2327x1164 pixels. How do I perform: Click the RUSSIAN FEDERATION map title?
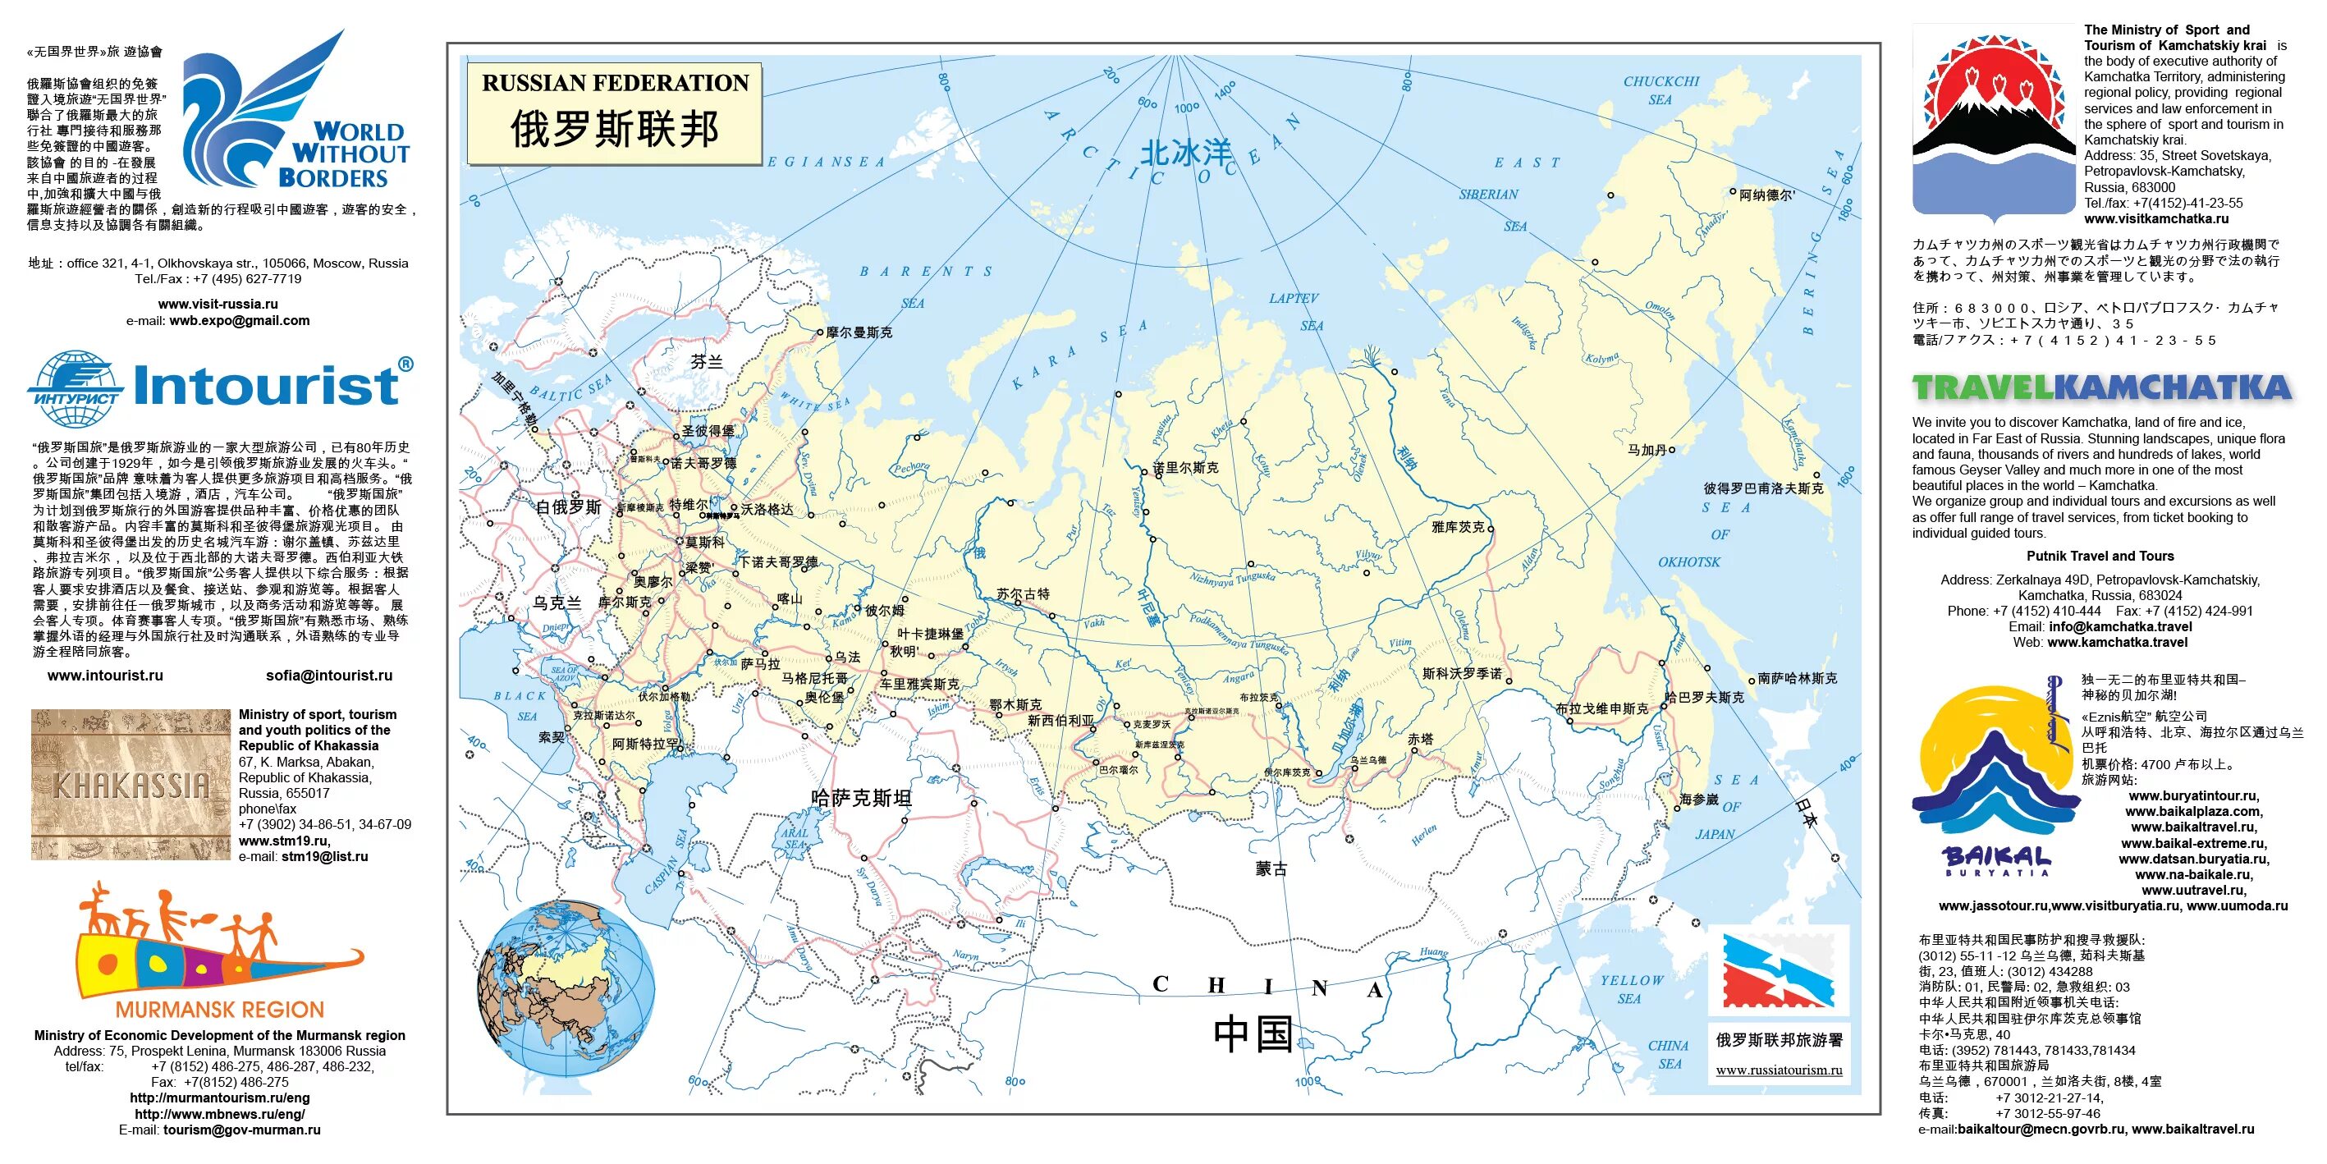(x=614, y=83)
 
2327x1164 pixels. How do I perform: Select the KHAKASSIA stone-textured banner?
(x=131, y=785)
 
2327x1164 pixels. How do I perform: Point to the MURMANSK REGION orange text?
(x=219, y=1010)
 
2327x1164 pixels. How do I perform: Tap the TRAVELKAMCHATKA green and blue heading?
(x=2101, y=388)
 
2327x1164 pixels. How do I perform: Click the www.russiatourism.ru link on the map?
(x=1779, y=1070)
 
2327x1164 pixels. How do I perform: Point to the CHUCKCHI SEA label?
(x=1661, y=90)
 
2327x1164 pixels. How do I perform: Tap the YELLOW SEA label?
(x=1632, y=988)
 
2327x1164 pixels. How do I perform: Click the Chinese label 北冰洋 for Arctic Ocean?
(x=1185, y=153)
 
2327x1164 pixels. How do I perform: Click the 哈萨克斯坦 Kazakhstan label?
(x=861, y=798)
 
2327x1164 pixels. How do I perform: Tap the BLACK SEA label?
(x=522, y=706)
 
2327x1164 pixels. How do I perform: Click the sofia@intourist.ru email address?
(x=329, y=675)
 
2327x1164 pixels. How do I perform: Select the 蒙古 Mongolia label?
(x=1271, y=868)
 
